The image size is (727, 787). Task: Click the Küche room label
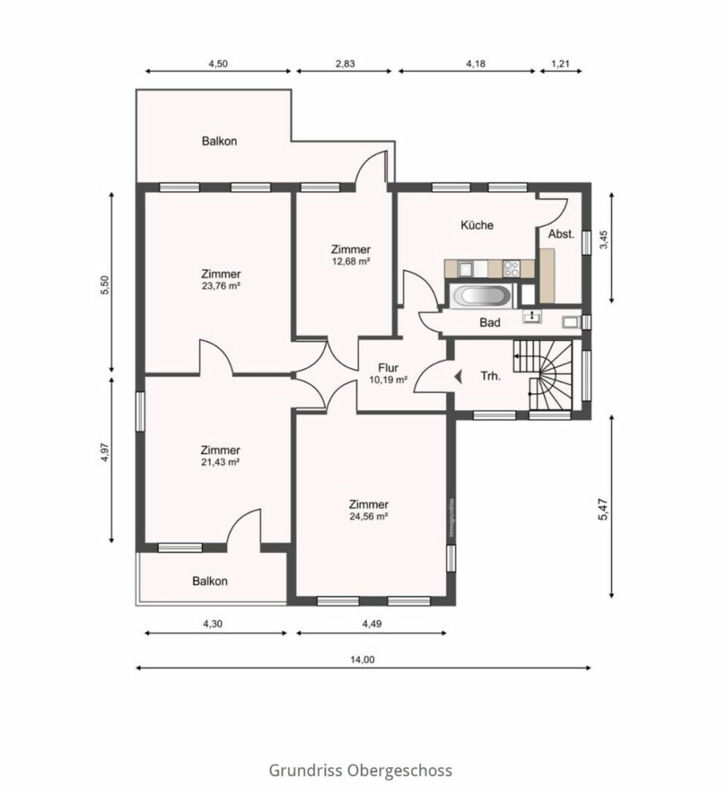(477, 225)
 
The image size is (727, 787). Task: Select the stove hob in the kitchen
(511, 268)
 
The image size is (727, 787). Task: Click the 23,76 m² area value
(220, 286)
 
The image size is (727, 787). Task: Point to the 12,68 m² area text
(351, 261)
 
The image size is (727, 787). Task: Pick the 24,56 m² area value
(369, 516)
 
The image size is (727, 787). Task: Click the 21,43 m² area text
(220, 462)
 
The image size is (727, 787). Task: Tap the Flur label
(389, 368)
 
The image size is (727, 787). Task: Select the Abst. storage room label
(561, 234)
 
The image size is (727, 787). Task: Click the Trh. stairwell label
(491, 376)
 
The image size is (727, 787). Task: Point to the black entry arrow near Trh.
(458, 376)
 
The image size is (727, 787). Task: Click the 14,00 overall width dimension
(362, 659)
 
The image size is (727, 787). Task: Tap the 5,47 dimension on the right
(603, 509)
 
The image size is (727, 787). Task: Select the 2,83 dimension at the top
(345, 63)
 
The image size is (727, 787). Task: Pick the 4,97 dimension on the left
(104, 453)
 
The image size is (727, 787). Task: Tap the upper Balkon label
(219, 141)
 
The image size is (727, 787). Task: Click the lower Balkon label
(210, 582)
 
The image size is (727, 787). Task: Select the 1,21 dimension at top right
(561, 63)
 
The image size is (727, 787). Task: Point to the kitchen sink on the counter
(465, 268)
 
